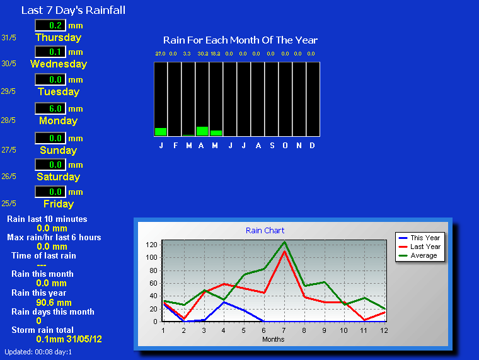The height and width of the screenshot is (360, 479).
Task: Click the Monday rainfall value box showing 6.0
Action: [50, 108]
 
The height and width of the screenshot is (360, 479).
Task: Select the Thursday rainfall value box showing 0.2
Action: [50, 25]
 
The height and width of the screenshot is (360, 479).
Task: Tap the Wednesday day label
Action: [59, 64]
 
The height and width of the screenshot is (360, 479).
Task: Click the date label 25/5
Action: [9, 204]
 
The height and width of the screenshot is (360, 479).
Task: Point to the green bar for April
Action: [202, 131]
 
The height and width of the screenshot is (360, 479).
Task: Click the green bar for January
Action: [161, 132]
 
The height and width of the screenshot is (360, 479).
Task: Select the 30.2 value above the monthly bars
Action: [203, 54]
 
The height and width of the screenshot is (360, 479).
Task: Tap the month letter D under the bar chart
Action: [312, 146]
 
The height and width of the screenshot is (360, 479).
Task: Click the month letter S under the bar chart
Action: [272, 146]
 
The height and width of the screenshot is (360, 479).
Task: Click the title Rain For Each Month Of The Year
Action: [240, 40]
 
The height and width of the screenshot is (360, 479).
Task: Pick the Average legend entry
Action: [418, 255]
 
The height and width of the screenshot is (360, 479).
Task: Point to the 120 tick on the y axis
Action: [151, 245]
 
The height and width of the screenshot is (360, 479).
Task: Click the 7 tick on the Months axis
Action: [284, 330]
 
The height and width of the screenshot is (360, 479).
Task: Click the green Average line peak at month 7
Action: [284, 242]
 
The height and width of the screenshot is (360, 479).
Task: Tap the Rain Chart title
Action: [265, 230]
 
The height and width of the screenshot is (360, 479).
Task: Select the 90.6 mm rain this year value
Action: [54, 303]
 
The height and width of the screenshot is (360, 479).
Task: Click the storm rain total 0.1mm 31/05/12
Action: [69, 339]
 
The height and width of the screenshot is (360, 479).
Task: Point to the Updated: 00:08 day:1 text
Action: [38, 352]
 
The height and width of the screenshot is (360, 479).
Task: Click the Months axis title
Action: [273, 339]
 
